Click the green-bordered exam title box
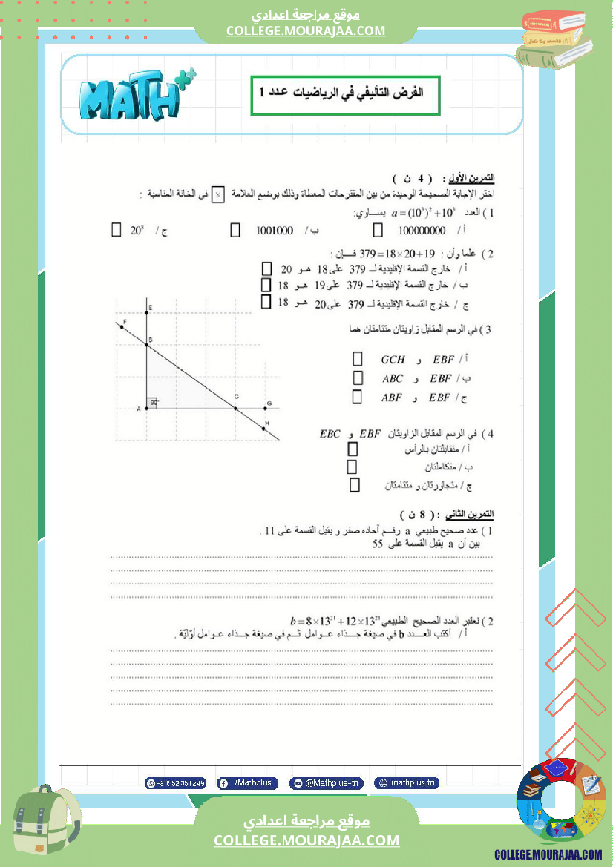[345, 95]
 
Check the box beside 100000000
[377, 230]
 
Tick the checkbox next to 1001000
[235, 230]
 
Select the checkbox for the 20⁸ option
[116, 230]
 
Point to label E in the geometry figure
[150, 307]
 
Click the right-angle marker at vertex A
[152, 403]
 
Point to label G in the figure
[269, 403]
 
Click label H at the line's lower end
[267, 423]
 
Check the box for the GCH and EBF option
[357, 359]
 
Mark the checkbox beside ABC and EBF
[357, 378]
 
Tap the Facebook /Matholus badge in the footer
[248, 782]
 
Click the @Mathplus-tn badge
[326, 782]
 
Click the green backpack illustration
[45, 825]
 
